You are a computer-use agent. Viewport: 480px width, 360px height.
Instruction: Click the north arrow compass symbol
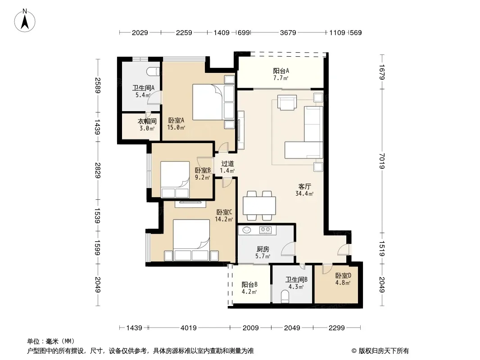tap(25, 21)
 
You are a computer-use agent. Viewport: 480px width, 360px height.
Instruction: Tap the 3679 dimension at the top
tap(288, 32)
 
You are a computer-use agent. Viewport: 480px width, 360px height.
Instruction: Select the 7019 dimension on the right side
tap(382, 161)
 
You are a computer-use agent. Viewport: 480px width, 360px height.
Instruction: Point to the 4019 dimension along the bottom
tap(189, 328)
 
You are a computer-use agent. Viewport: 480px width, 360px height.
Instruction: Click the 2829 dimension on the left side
tap(98, 171)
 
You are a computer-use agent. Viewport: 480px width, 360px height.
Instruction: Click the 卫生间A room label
tap(143, 88)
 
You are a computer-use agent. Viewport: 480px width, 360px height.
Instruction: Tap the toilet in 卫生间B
tap(285, 297)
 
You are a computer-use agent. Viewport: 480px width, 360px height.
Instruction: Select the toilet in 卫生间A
tap(154, 72)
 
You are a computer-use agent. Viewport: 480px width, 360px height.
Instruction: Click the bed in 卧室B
tap(175, 180)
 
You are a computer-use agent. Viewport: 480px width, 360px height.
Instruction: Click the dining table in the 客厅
tap(259, 206)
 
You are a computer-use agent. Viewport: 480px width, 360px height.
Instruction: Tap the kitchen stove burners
tap(265, 229)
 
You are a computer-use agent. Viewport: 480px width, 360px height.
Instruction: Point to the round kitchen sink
tap(247, 229)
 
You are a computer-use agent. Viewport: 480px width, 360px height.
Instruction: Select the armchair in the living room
tap(287, 102)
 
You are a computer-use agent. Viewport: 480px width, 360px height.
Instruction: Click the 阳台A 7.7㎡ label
tap(281, 74)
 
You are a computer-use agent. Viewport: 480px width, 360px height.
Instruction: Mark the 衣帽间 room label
tap(147, 121)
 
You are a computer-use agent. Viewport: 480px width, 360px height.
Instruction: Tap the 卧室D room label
tap(343, 275)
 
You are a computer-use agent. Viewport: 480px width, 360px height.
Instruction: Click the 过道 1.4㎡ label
tap(227, 167)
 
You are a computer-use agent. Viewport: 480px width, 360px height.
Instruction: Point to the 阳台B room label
tap(249, 284)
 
